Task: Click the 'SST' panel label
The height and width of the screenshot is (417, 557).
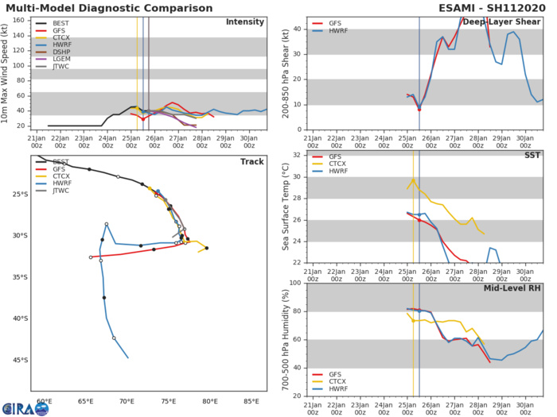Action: click(x=532, y=156)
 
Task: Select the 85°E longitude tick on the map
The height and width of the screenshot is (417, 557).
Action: click(x=251, y=401)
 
